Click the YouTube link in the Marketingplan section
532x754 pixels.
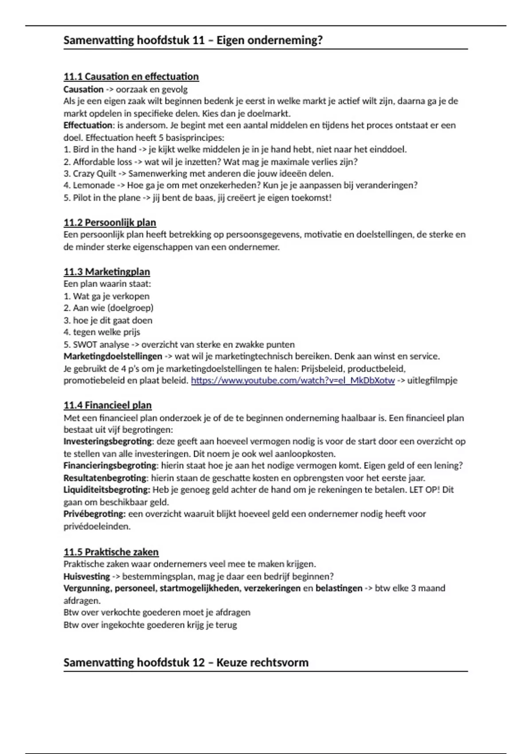(x=293, y=381)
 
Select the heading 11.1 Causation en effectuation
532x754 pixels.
(x=131, y=77)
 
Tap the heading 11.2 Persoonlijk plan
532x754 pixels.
(x=110, y=222)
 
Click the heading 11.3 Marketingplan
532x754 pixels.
(x=107, y=271)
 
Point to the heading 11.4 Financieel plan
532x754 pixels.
(x=108, y=405)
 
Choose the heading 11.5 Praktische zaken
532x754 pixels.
(x=111, y=552)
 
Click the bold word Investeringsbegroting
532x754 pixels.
(x=108, y=441)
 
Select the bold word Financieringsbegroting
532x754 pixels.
(x=110, y=466)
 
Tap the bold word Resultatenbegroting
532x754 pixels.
(x=105, y=478)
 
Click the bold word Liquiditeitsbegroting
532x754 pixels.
(x=106, y=490)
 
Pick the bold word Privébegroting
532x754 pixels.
(x=94, y=514)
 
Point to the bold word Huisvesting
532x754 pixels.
(x=86, y=577)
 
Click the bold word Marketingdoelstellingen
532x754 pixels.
(x=113, y=356)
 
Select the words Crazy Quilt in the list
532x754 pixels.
(x=94, y=173)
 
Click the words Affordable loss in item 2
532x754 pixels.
(x=102, y=162)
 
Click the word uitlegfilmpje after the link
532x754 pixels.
(x=432, y=381)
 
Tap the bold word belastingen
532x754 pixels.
(x=339, y=589)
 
